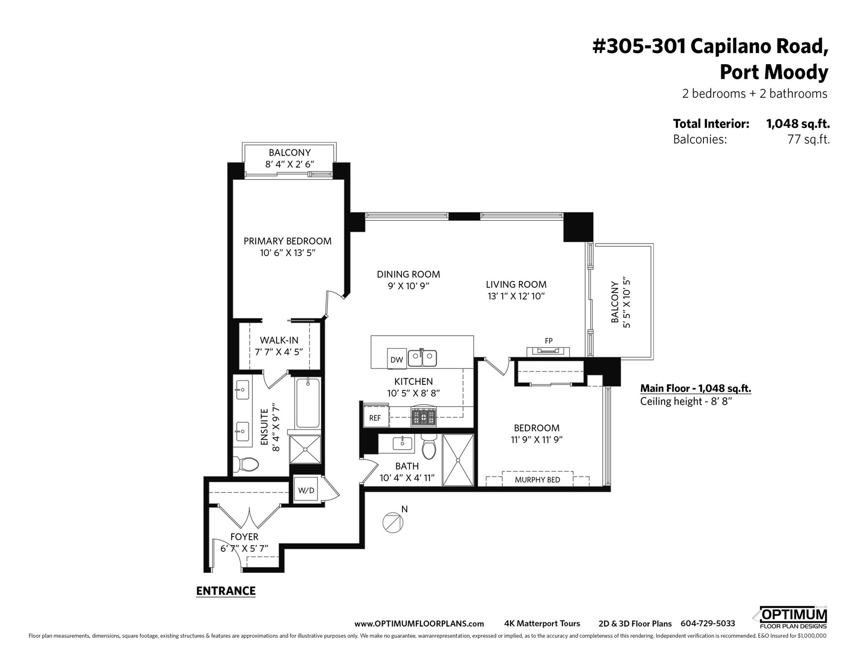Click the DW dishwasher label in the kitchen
click(x=396, y=360)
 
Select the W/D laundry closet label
click(x=306, y=490)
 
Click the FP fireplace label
click(x=549, y=341)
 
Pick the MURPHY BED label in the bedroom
click(x=537, y=480)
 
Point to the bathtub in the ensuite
click(x=308, y=403)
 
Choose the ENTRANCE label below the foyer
click(x=226, y=591)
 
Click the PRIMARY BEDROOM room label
click(x=287, y=241)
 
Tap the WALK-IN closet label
click(x=279, y=340)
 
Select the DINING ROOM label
click(x=408, y=274)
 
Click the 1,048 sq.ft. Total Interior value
click(x=798, y=124)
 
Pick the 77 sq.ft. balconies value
click(x=809, y=140)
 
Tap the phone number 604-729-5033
click(x=707, y=624)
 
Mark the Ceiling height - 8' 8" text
click(x=686, y=401)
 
